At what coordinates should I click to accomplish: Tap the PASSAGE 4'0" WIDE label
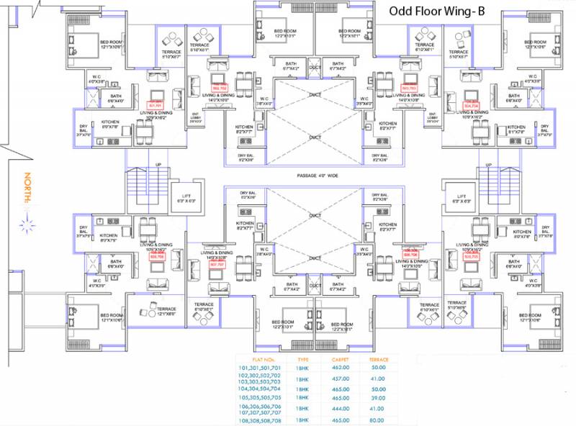pyautogui.click(x=317, y=176)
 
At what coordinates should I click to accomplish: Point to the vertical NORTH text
pyautogui.click(x=26, y=189)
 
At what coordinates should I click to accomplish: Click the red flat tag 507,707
pyautogui.click(x=217, y=264)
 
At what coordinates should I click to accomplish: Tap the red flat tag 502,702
pyautogui.click(x=218, y=88)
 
